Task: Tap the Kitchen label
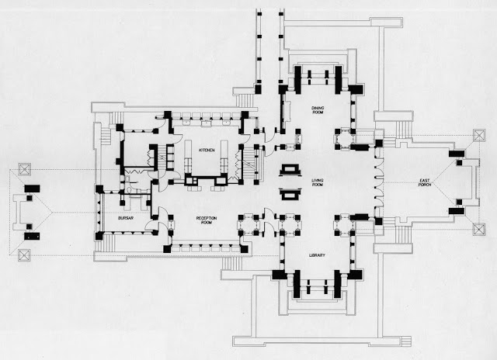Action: coord(206,149)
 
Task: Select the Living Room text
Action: coord(318,183)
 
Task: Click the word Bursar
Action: coord(127,219)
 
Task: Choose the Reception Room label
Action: coord(206,220)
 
